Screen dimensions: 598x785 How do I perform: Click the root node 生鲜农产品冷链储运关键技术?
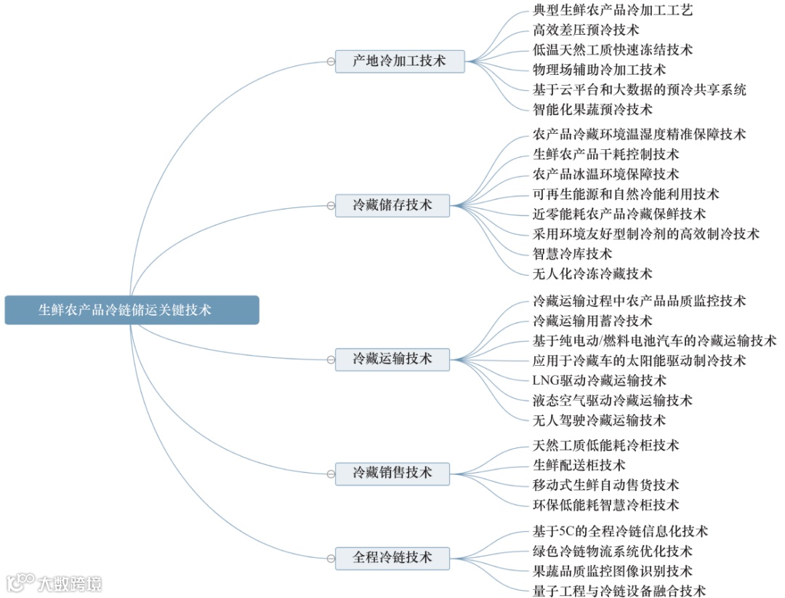click(x=132, y=310)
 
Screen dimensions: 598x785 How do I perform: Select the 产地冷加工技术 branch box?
click(x=399, y=61)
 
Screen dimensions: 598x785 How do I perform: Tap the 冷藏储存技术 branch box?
click(x=392, y=205)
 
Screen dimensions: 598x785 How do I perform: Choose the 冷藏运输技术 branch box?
click(x=392, y=359)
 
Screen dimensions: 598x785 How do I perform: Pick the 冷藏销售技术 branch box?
click(x=392, y=473)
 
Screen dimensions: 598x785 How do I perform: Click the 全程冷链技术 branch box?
click(x=392, y=558)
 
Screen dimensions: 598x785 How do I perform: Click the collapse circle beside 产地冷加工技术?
click(x=331, y=62)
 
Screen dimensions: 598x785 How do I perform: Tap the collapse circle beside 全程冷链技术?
click(x=331, y=559)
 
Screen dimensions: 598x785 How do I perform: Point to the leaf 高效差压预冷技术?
click(x=586, y=30)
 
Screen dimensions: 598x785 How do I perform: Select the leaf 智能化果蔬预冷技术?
click(x=592, y=109)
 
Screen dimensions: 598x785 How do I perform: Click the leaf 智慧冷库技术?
click(x=572, y=254)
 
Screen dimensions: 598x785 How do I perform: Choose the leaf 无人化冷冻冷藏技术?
click(x=592, y=274)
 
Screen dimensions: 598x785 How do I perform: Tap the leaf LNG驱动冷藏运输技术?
click(x=599, y=380)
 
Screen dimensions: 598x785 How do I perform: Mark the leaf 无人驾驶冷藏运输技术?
click(x=599, y=420)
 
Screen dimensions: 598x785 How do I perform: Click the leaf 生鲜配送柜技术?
click(x=579, y=465)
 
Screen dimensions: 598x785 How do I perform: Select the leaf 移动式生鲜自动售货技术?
click(x=605, y=485)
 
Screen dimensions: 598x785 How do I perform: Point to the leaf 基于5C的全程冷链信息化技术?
click(x=620, y=532)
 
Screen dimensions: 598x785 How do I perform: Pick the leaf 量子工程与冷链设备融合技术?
click(x=619, y=591)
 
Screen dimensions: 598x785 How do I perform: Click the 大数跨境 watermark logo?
click(x=55, y=583)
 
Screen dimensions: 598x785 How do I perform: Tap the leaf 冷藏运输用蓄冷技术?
click(x=592, y=321)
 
